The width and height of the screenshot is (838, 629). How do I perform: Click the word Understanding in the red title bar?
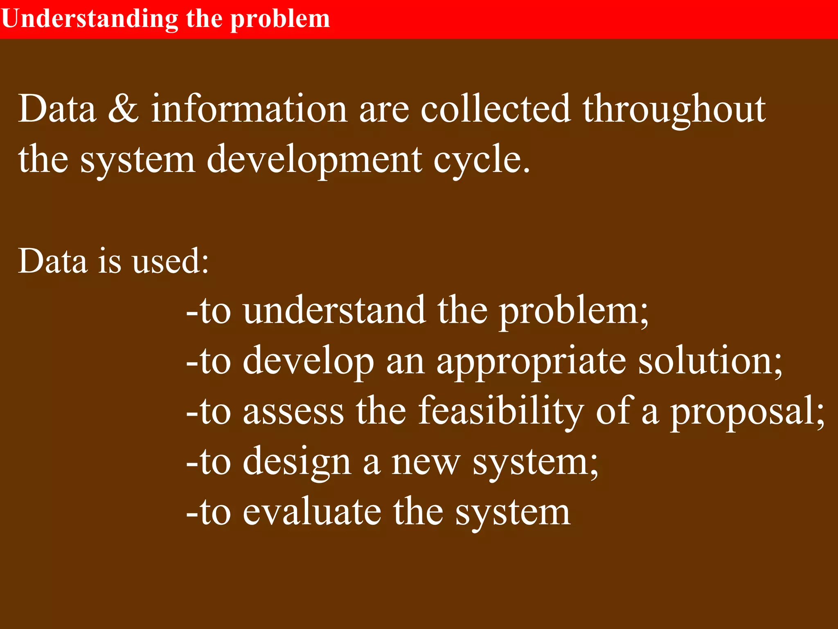pyautogui.click(x=90, y=19)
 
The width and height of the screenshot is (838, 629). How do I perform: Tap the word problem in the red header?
pyautogui.click(x=280, y=19)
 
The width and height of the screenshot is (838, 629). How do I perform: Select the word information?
pyautogui.click(x=249, y=109)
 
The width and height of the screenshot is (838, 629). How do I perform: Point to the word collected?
pyautogui.click(x=496, y=109)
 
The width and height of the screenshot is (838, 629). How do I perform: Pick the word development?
pyautogui.click(x=314, y=160)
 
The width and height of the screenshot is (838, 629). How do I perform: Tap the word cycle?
pyautogui.click(x=481, y=160)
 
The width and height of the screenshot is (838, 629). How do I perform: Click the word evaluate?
pyautogui.click(x=312, y=512)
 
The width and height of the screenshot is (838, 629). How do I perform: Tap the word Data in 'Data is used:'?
pyautogui.click(x=53, y=261)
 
